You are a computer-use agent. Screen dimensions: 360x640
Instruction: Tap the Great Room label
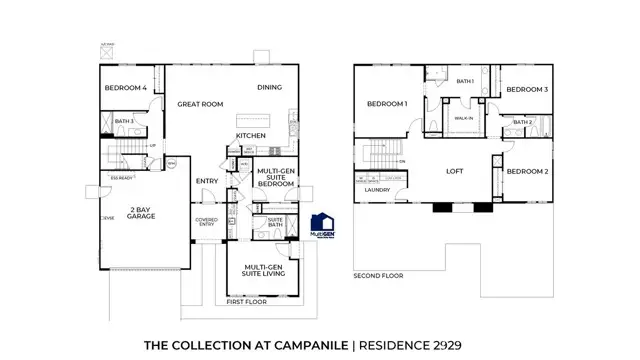(200, 103)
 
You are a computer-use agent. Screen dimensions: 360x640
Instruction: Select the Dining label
(270, 87)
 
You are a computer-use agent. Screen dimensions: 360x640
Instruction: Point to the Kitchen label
(250, 135)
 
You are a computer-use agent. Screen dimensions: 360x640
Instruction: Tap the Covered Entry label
(206, 222)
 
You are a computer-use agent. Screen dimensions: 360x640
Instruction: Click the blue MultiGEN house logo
(322, 227)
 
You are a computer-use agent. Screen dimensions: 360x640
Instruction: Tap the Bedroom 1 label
(386, 104)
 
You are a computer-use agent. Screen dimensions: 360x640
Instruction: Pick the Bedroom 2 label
(526, 171)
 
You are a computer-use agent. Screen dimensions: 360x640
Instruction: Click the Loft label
(455, 171)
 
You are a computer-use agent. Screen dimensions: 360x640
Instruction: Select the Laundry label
(377, 189)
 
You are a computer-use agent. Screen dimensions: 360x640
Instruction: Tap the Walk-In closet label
(464, 118)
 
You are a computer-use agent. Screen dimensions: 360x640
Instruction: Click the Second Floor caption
(378, 276)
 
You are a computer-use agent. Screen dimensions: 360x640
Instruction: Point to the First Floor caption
(246, 301)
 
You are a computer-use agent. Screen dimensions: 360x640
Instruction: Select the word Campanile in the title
(310, 344)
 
